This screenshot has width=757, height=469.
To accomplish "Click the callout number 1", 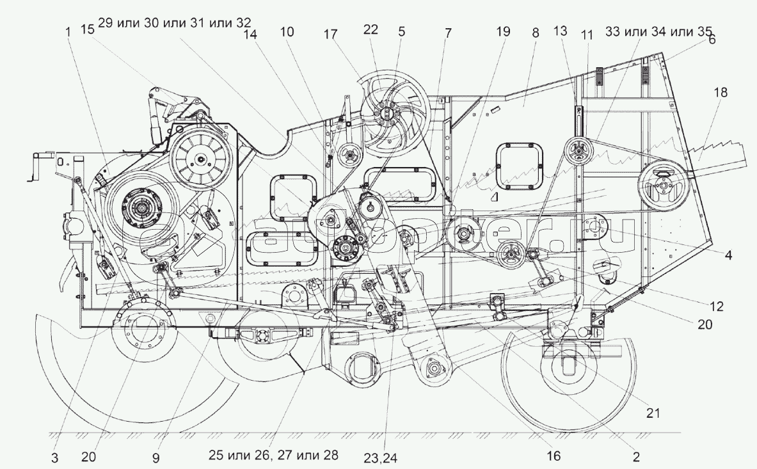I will tap(68, 30).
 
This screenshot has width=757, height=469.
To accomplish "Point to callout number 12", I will tap(717, 306).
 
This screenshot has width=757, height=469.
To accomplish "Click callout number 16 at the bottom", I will tap(553, 456).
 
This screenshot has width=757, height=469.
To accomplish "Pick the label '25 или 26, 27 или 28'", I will tap(273, 455).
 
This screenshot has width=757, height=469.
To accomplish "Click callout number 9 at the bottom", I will tap(156, 458).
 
